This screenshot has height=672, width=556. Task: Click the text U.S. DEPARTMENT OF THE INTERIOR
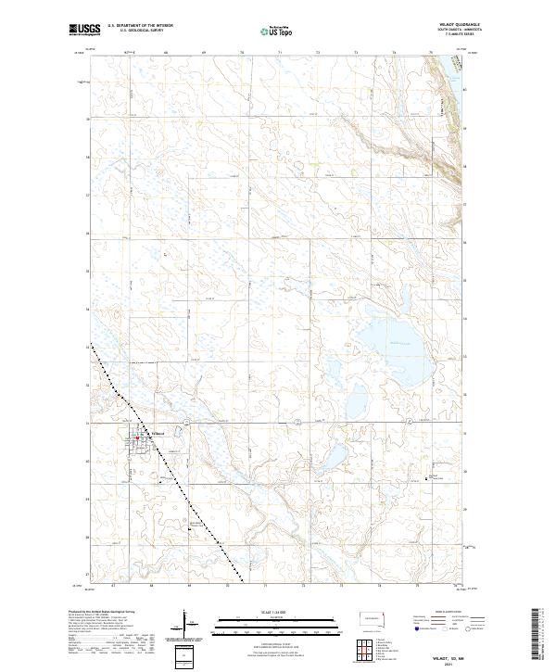(x=141, y=25)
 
